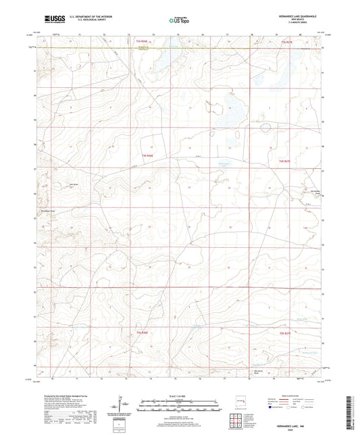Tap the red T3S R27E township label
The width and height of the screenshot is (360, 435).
pyautogui.click(x=284, y=41)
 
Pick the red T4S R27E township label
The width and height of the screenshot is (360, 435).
pyautogui.click(x=284, y=161)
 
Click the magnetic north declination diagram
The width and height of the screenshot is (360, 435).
pyautogui.click(x=122, y=407)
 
